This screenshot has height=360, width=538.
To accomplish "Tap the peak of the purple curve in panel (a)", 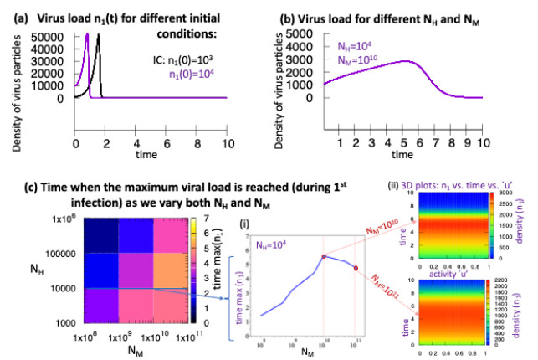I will (x=87, y=34).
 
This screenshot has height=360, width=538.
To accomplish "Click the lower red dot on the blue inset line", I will (x=356, y=268).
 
